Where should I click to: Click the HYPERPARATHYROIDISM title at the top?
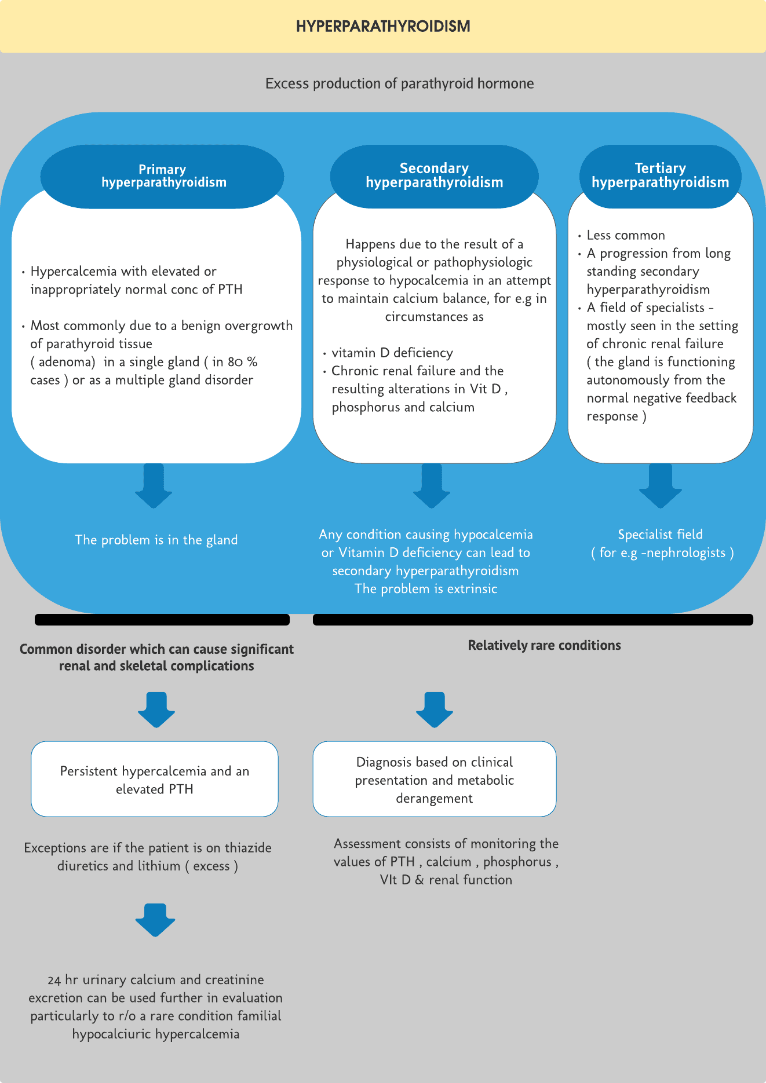pyautogui.click(x=383, y=27)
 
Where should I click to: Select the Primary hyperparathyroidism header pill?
pyautogui.click(x=162, y=176)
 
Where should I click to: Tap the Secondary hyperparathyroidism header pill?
pyautogui.click(x=434, y=175)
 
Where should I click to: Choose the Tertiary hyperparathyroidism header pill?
pyautogui.click(x=660, y=175)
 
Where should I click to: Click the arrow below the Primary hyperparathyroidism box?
pyautogui.click(x=154, y=485)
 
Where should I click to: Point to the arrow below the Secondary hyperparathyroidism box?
pyautogui.click(x=432, y=485)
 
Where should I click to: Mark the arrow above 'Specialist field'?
pyautogui.click(x=661, y=485)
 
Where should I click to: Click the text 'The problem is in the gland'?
pyautogui.click(x=156, y=540)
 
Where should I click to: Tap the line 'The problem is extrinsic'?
pyautogui.click(x=426, y=589)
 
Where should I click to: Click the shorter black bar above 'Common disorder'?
pyautogui.click(x=162, y=620)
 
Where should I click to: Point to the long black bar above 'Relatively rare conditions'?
pyautogui.click(x=533, y=620)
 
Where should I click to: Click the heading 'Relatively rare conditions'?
pyautogui.click(x=544, y=645)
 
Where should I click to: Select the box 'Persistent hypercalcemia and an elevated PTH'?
pyautogui.click(x=155, y=779)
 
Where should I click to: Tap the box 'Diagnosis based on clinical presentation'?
pyautogui.click(x=435, y=779)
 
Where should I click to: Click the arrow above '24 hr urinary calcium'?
pyautogui.click(x=155, y=919)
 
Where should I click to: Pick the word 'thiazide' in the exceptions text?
pyautogui.click(x=247, y=848)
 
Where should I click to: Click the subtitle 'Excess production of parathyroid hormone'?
pyautogui.click(x=399, y=83)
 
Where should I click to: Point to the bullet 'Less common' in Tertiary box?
pyautogui.click(x=626, y=235)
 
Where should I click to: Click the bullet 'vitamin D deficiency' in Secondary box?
pyautogui.click(x=392, y=353)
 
